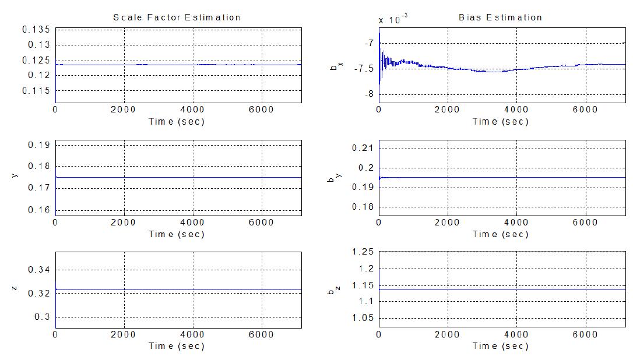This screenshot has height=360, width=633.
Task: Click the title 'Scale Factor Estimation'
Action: (x=177, y=17)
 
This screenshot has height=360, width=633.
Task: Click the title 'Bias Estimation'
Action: (x=500, y=17)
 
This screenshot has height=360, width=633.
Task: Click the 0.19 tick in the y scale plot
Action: (x=40, y=145)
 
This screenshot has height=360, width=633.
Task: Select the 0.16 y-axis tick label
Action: (x=40, y=210)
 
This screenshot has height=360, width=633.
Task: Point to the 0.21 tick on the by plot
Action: (x=364, y=148)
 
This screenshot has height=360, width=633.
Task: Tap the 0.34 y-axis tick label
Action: (x=40, y=270)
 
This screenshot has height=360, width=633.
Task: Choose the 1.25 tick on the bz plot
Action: (x=364, y=252)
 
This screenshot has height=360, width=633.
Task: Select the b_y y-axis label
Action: (x=334, y=178)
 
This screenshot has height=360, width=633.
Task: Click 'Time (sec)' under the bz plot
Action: (x=500, y=346)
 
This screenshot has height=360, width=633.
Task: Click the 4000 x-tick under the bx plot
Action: (x=516, y=108)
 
